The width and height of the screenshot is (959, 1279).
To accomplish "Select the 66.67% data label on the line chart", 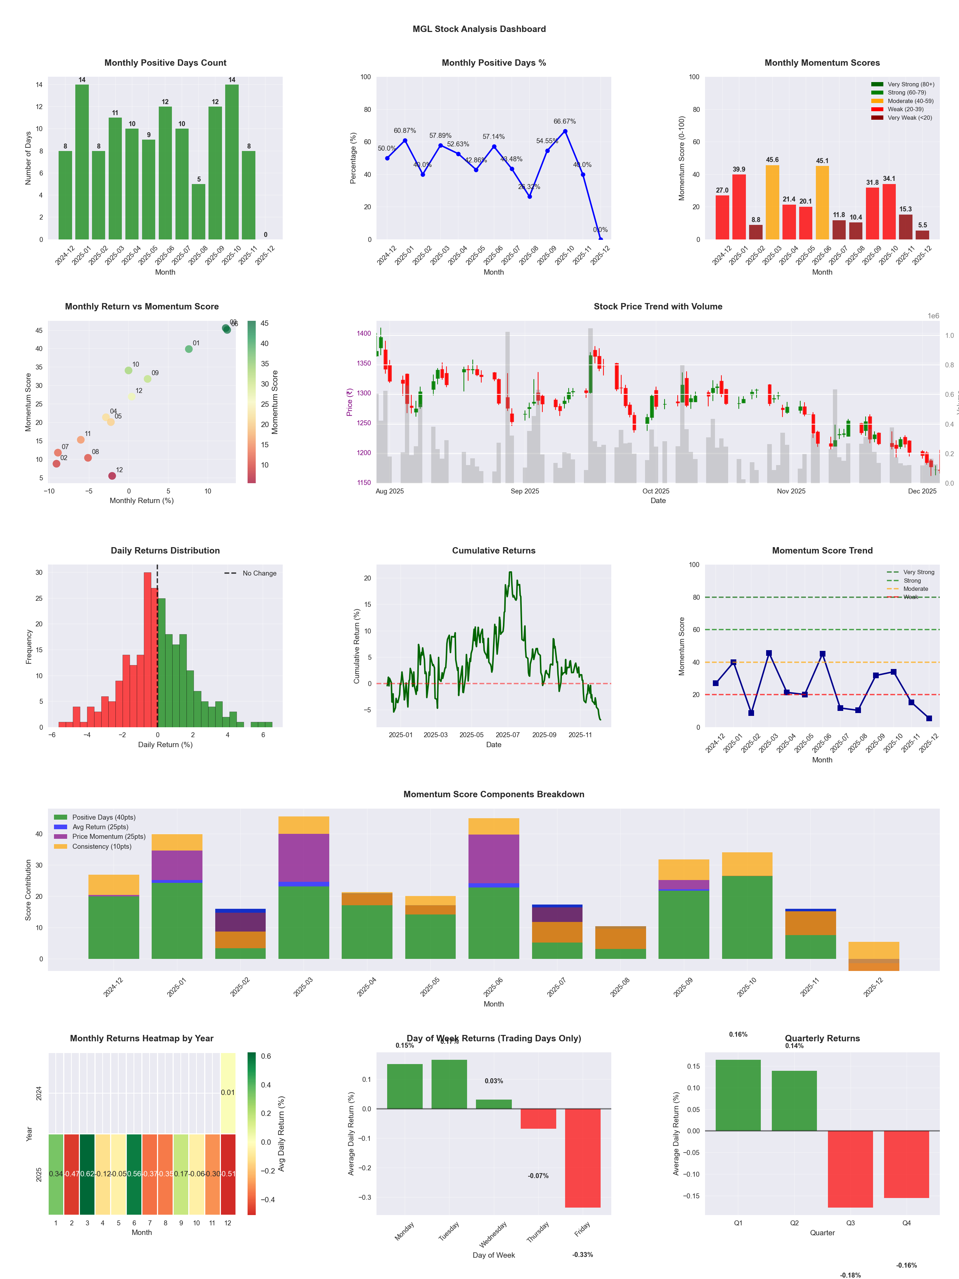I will click(564, 122).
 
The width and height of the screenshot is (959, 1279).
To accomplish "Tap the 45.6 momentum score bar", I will click(772, 203).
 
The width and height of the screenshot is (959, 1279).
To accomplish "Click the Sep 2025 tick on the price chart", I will click(524, 491).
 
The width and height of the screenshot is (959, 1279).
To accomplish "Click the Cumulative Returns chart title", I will click(494, 550).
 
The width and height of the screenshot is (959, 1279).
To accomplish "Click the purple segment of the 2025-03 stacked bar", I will click(303, 858).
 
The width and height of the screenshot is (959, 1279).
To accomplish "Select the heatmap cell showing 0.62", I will click(87, 1174).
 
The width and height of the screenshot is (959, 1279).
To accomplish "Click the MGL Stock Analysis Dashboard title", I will click(479, 29).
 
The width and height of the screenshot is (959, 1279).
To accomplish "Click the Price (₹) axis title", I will click(349, 402).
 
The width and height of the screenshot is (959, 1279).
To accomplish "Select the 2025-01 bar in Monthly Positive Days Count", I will click(82, 162).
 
